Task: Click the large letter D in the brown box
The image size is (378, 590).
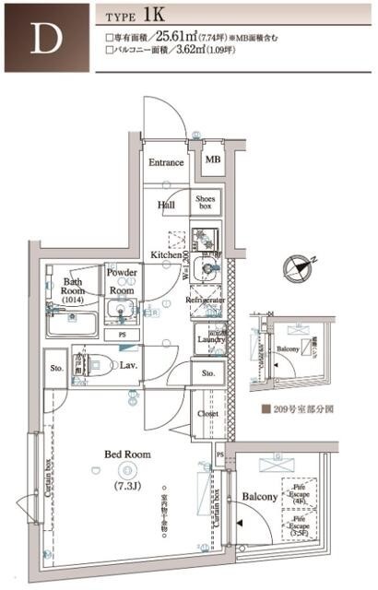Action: click(x=41, y=38)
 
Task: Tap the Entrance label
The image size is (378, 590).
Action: click(x=168, y=163)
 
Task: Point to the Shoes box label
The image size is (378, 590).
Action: click(x=205, y=203)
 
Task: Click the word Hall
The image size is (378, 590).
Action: click(x=166, y=205)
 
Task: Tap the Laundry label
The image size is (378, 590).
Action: click(x=211, y=339)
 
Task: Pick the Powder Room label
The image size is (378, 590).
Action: click(x=122, y=280)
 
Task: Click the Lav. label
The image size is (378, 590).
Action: click(x=129, y=366)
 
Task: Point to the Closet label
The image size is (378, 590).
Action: click(x=208, y=415)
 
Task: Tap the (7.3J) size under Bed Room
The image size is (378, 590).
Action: click(x=126, y=485)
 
